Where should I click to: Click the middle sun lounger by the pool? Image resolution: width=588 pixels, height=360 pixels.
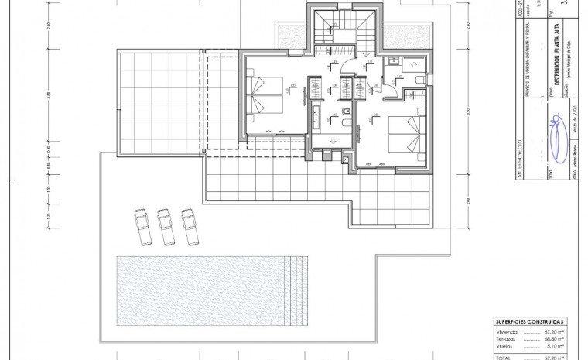[165, 226]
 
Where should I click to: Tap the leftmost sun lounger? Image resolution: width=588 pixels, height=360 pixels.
[142, 226]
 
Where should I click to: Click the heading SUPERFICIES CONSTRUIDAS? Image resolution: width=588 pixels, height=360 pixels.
[530, 321]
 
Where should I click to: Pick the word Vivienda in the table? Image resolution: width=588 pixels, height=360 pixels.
[508, 331]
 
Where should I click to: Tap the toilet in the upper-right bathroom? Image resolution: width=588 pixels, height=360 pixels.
[417, 81]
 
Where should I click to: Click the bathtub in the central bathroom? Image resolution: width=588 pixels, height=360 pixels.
[316, 121]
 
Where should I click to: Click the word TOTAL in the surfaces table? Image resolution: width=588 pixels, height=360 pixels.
[504, 358]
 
